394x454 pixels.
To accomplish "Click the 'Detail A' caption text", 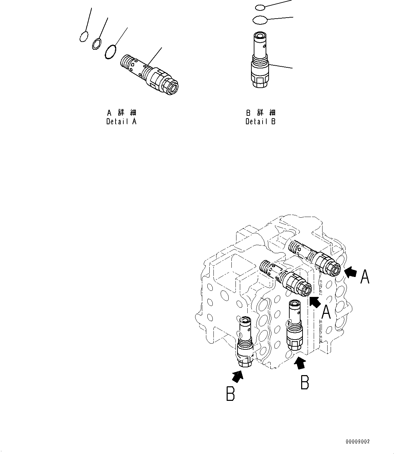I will [x=121, y=122].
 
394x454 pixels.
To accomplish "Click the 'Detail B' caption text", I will [x=261, y=122].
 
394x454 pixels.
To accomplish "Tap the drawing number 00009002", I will [x=357, y=442].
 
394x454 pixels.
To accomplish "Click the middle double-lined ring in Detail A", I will [x=97, y=44].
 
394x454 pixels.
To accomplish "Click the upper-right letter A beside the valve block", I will [x=365, y=276].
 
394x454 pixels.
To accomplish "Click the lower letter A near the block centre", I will [x=326, y=312].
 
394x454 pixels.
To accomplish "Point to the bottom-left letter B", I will [x=230, y=395].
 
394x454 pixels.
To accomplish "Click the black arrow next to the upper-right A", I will [x=351, y=272].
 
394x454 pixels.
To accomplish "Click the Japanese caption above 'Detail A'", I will [x=121, y=112].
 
